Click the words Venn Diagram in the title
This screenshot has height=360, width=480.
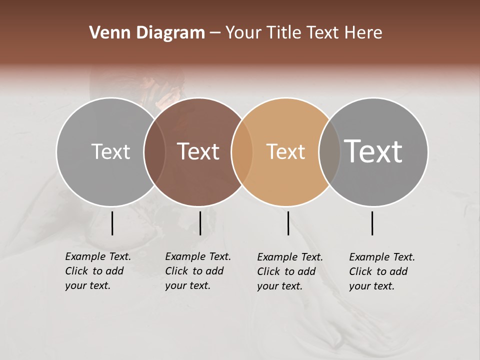pyautogui.click(x=147, y=33)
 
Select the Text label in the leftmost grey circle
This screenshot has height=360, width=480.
pyautogui.click(x=110, y=151)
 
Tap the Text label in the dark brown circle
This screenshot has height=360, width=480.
pyautogui.click(x=198, y=151)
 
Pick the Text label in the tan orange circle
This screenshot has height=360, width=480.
pyautogui.click(x=285, y=151)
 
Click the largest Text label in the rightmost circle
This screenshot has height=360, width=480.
pyautogui.click(x=373, y=151)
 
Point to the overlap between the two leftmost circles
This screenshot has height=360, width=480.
pyautogui.click(x=154, y=151)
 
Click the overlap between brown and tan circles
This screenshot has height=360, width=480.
pyautogui.click(x=242, y=151)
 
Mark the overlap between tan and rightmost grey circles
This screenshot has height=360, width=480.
pyautogui.click(x=329, y=151)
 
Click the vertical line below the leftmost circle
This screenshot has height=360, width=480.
pyautogui.click(x=112, y=223)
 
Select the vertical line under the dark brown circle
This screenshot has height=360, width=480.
pyautogui.click(x=200, y=223)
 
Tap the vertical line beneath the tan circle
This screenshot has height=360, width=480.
pyautogui.click(x=288, y=223)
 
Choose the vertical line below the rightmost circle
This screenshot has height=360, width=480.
pyautogui.click(x=372, y=223)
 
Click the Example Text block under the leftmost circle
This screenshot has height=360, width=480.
pyautogui.click(x=98, y=271)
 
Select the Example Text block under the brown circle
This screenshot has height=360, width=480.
pyautogui.click(x=198, y=271)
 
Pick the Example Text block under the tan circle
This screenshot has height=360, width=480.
pyautogui.click(x=290, y=271)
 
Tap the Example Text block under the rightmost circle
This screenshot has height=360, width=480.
pyautogui.click(x=382, y=271)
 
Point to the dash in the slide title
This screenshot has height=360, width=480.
pyautogui.click(x=215, y=33)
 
